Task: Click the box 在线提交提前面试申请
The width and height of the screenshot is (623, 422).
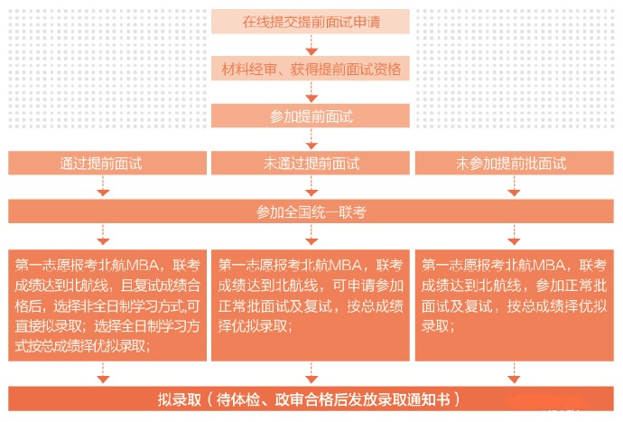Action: (311, 22)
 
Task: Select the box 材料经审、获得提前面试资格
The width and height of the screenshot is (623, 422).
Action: (311, 69)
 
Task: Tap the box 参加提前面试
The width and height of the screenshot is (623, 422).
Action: (311, 117)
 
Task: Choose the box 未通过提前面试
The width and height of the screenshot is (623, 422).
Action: (311, 164)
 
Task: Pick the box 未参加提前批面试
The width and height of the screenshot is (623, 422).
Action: (511, 164)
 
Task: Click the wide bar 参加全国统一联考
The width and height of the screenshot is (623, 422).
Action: (311, 212)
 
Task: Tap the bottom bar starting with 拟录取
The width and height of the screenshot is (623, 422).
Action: (311, 399)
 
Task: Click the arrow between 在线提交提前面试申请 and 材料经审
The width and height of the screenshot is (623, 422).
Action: (311, 45)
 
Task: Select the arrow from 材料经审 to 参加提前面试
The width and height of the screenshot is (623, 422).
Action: (311, 93)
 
